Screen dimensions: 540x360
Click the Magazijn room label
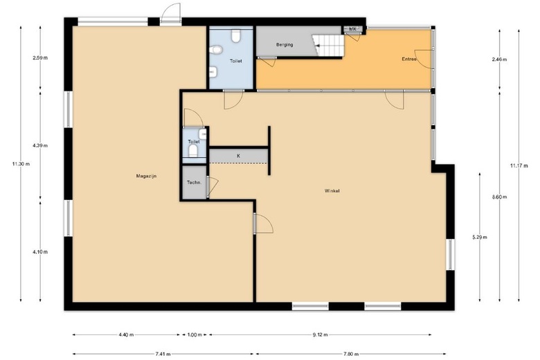coord(146,176)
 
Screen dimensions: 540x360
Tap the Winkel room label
coord(332,190)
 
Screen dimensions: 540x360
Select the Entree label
coord(408,59)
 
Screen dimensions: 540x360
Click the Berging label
coord(285,44)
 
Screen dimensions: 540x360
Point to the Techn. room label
coord(194,183)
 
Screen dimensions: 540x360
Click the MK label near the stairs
coord(352,29)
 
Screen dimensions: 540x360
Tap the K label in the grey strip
coord(238,156)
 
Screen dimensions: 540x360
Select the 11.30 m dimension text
coord(21,163)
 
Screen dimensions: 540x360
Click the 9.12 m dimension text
coord(321,334)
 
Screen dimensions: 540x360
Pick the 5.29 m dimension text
coord(480,237)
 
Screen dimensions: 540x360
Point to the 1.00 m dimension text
coord(195,334)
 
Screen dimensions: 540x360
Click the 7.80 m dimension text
coord(350,354)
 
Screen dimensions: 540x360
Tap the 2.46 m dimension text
coord(499,60)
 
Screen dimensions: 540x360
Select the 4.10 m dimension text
coord(40,252)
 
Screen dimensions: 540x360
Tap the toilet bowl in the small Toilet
coord(193,150)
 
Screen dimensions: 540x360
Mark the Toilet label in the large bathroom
coord(236,61)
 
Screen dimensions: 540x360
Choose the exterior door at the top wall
coord(171,14)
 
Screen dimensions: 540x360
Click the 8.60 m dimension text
coord(499,197)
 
